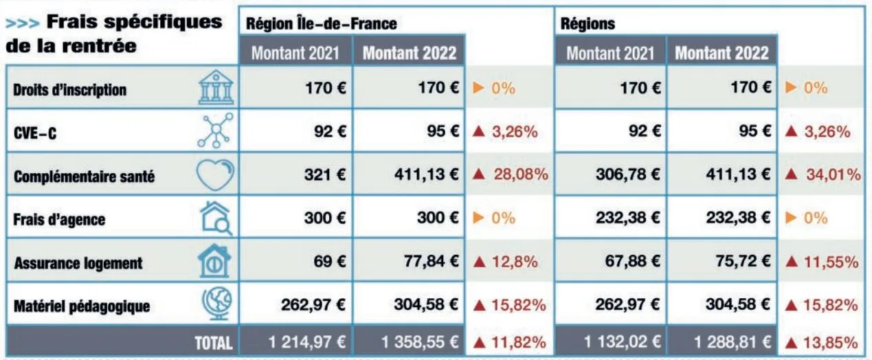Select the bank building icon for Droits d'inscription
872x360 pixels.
[215, 89]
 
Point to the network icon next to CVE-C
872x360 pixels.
[215, 132]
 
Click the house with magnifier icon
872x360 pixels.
[215, 219]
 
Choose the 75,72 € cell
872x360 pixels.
[742, 262]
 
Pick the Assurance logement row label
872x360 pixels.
[78, 262]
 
